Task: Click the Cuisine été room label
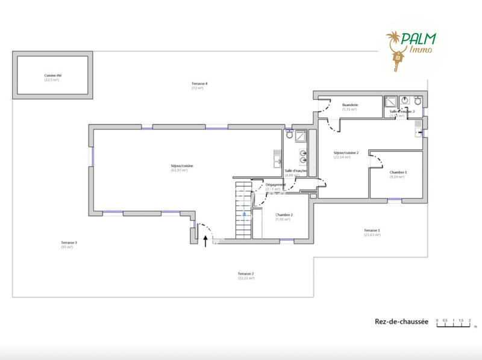pos(53,75)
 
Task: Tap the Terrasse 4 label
pos(199,83)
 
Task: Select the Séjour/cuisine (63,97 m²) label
pos(182,166)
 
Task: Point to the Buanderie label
pos(350,105)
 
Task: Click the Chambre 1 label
pos(398,172)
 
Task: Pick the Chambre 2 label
pos(284,215)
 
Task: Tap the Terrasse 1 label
pos(372,231)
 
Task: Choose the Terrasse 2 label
pos(245,274)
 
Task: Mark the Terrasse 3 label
pos(69,243)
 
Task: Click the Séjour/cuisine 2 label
pos(346,153)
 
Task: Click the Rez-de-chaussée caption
pos(401,322)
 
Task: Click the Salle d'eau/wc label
pos(296,171)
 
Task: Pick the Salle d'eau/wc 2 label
pos(402,111)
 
